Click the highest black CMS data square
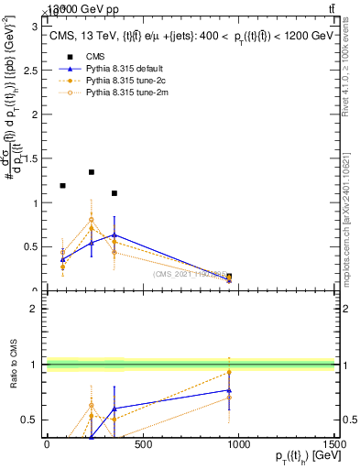[92, 172]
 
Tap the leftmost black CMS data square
[62, 186]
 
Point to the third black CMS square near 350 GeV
[114, 193]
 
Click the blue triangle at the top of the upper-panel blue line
[114, 235]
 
